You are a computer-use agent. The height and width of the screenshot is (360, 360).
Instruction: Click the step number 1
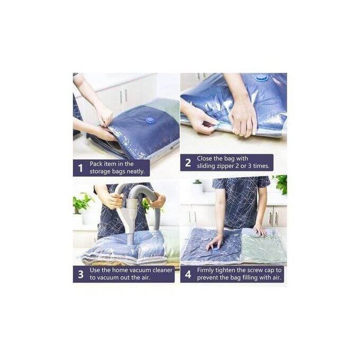tap(80, 168)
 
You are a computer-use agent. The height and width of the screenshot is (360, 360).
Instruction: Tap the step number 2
tap(188, 163)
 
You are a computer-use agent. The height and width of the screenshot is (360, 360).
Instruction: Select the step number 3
tap(80, 274)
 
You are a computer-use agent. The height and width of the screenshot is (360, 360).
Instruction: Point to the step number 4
tap(188, 274)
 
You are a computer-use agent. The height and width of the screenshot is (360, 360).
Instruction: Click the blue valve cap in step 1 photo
tap(149, 120)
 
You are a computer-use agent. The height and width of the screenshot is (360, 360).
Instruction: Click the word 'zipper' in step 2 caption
tap(224, 166)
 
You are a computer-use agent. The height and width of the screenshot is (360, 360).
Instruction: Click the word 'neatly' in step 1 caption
tap(136, 172)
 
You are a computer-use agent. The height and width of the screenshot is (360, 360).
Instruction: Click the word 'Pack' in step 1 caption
tap(96, 164)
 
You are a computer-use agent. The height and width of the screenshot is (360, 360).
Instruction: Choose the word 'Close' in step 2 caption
tap(204, 158)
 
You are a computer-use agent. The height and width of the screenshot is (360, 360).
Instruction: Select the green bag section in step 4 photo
tap(264, 246)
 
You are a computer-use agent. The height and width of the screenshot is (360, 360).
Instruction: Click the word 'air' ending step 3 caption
tap(145, 278)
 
